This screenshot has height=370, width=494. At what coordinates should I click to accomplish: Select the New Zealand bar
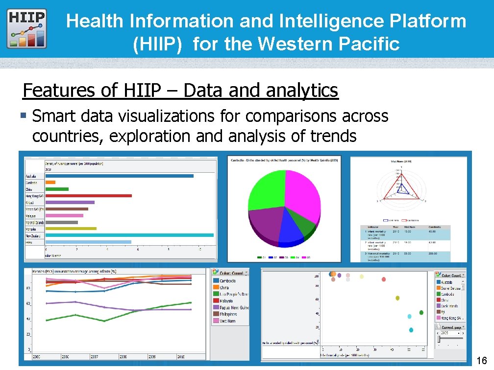pos(129,235)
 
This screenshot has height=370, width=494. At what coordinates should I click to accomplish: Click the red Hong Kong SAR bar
pos(88,196)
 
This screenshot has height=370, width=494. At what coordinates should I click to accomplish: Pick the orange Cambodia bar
pos(50,183)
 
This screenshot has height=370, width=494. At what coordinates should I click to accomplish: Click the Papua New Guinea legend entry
pos(230,308)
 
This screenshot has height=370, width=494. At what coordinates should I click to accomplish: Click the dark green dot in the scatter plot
pos(421,312)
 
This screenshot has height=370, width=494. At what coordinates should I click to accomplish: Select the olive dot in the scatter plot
pos(398,298)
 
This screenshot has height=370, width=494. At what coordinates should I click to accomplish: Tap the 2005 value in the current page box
pos(445,333)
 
